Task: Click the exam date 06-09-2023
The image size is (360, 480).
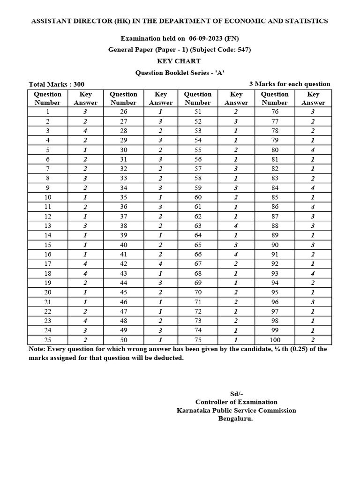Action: coord(209,38)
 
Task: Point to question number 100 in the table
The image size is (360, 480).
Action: coord(275,340)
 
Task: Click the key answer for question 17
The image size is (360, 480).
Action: coord(85,264)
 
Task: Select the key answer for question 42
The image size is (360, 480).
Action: coord(160,264)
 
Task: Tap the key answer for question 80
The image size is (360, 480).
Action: coord(313,150)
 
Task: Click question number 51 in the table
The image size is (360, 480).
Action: coord(197,112)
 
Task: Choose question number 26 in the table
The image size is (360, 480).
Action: coord(123,112)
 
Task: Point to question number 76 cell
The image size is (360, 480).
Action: coord(275,112)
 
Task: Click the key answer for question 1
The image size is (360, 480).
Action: coord(85,112)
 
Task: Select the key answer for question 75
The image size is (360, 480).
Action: coord(236,340)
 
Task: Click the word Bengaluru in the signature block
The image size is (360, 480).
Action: coord(236,419)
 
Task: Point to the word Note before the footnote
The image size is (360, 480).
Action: coord(37,349)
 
